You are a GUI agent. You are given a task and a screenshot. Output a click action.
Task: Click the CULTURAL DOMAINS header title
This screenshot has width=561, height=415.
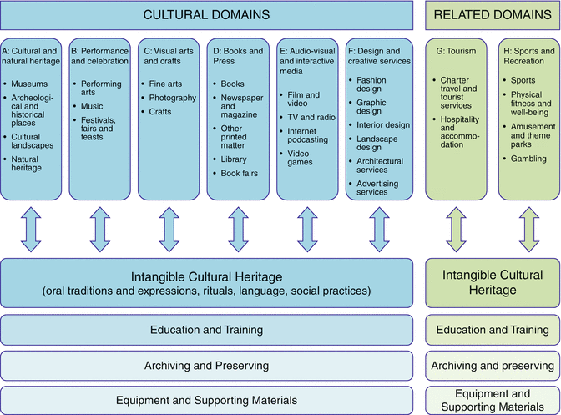pyautogui.click(x=206, y=15)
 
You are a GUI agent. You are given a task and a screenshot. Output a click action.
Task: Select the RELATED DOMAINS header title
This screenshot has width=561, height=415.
pyautogui.click(x=493, y=15)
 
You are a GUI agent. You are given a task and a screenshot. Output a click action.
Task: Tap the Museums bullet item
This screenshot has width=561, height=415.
pyautogui.click(x=29, y=84)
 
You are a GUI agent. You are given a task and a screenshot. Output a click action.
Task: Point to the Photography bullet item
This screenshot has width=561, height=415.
pyautogui.click(x=173, y=98)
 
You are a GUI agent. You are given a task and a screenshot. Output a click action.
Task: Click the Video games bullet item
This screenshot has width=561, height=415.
pyautogui.click(x=300, y=158)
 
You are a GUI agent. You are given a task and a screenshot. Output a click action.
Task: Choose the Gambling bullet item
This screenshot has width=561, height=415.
pyautogui.click(x=528, y=159)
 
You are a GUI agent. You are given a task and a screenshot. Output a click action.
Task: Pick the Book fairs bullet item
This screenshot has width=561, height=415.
pyautogui.click(x=239, y=173)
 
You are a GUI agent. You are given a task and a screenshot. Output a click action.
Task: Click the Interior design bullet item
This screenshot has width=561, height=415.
pyautogui.click(x=383, y=125)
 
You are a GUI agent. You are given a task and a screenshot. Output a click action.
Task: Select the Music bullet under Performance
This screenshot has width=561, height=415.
pyautogui.click(x=92, y=106)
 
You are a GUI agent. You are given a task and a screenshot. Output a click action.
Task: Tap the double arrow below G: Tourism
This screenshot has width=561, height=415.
pyautogui.click(x=456, y=230)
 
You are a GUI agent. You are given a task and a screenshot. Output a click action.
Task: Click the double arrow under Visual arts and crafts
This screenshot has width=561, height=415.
pyautogui.click(x=169, y=230)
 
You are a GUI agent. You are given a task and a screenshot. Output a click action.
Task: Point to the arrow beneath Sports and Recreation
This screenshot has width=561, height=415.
pyautogui.click(x=529, y=230)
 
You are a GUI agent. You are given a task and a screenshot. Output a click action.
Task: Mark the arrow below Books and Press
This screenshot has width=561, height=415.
pyautogui.click(x=238, y=230)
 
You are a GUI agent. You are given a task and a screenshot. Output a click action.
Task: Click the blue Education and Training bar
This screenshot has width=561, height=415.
pyautogui.click(x=206, y=330)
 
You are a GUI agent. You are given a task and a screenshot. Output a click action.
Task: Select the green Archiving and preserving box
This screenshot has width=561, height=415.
pyautogui.click(x=493, y=366)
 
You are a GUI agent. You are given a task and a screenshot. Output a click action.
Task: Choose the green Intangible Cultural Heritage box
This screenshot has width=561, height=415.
pyautogui.click(x=493, y=282)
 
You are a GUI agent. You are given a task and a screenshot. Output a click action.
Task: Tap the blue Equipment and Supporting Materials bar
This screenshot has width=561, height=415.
pyautogui.click(x=206, y=400)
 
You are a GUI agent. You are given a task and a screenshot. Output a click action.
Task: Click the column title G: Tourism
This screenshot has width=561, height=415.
pyautogui.click(x=456, y=51)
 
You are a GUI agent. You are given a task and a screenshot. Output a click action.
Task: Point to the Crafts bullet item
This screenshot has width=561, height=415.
pyautogui.click(x=160, y=112)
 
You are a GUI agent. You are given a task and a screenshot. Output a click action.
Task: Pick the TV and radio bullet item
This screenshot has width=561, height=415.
pyautogui.click(x=311, y=118)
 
